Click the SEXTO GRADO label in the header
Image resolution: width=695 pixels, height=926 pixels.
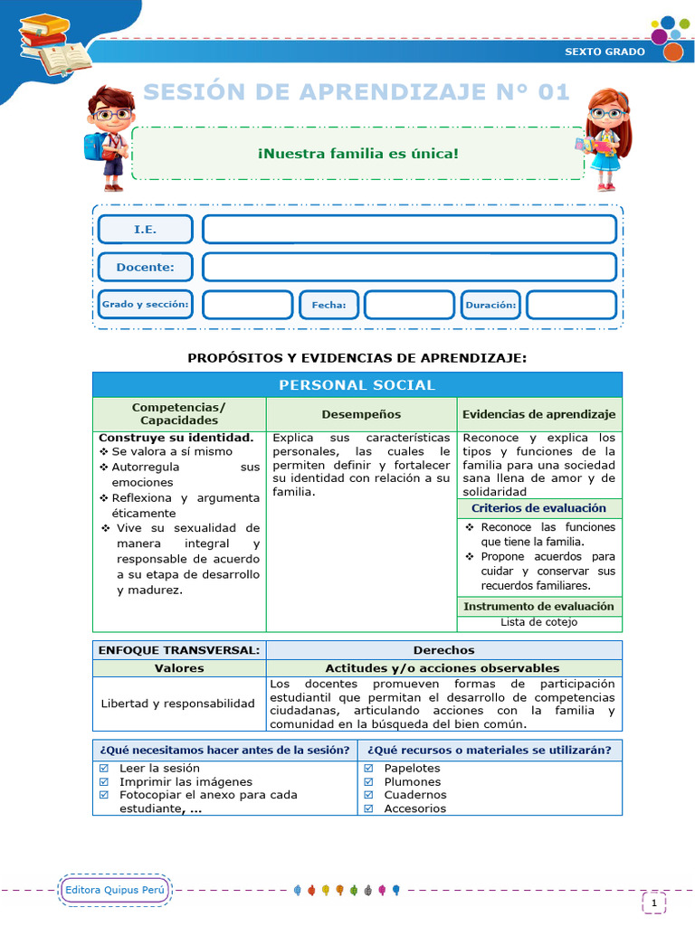(x=605, y=52)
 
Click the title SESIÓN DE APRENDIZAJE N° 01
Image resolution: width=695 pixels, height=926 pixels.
(x=357, y=91)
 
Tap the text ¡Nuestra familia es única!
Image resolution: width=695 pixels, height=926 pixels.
(x=358, y=153)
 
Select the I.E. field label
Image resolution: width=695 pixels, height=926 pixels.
(x=145, y=230)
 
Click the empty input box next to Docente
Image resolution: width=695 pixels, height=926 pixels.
(x=409, y=268)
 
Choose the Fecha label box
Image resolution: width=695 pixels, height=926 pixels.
(x=328, y=305)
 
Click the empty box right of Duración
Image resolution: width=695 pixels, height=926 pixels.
(x=571, y=305)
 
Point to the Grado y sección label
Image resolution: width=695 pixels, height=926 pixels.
(x=145, y=305)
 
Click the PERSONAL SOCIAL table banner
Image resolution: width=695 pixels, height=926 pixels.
(x=357, y=385)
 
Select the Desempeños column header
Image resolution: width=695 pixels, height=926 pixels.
(x=361, y=414)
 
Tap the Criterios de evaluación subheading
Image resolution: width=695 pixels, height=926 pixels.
(x=538, y=508)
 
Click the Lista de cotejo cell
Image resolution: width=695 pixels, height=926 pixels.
(x=538, y=622)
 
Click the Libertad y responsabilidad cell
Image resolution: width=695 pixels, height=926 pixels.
(x=178, y=703)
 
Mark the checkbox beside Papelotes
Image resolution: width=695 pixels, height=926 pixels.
(x=368, y=769)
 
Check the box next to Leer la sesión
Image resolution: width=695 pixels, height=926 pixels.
(x=104, y=769)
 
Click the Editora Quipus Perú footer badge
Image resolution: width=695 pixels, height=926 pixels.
(x=116, y=891)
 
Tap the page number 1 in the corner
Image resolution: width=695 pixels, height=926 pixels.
(x=653, y=902)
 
